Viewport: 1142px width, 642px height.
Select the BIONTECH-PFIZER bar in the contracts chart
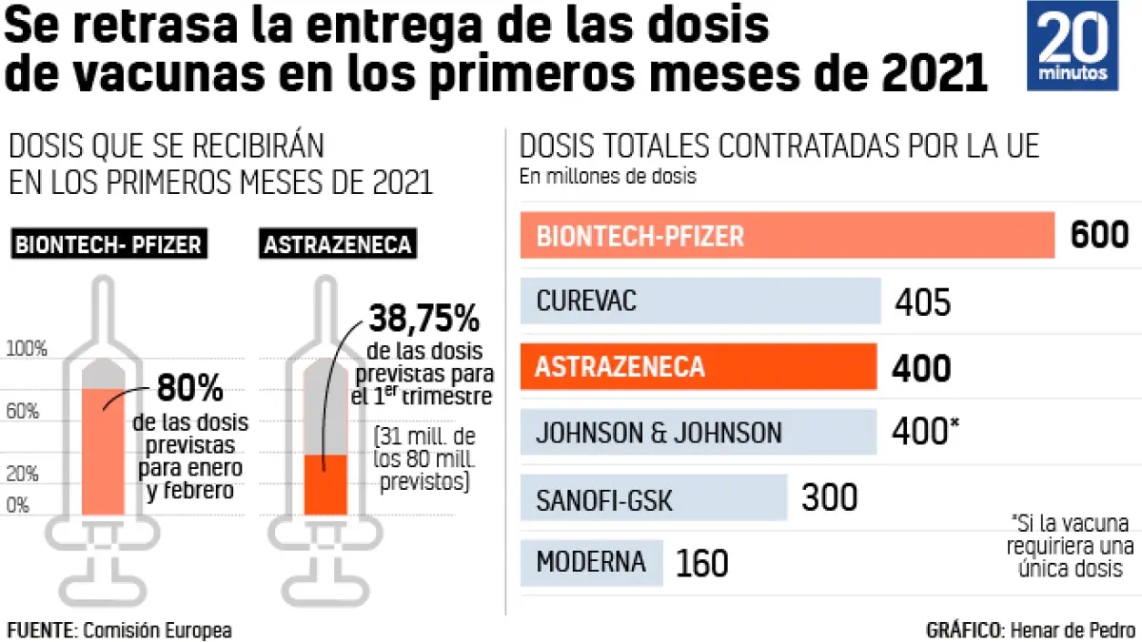(x=787, y=235)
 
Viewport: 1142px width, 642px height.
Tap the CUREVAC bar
(x=699, y=302)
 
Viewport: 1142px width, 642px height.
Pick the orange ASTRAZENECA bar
(x=698, y=367)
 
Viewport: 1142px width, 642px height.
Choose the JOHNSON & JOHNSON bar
(x=698, y=433)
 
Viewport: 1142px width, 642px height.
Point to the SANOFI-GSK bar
(x=654, y=498)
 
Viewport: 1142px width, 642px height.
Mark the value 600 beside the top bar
(x=1099, y=235)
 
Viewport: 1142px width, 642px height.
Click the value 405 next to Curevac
(x=922, y=302)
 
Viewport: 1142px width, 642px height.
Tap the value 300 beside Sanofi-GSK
(x=830, y=498)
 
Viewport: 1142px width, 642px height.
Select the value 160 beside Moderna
(x=702, y=563)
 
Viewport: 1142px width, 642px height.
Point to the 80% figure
(x=189, y=389)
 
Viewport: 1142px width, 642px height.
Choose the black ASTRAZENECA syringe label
(x=338, y=244)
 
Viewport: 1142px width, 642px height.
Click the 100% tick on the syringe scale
(x=27, y=350)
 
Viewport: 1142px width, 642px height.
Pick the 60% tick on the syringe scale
(x=23, y=412)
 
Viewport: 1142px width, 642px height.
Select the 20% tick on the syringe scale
(x=23, y=475)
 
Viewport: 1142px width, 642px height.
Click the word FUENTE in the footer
(x=41, y=630)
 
